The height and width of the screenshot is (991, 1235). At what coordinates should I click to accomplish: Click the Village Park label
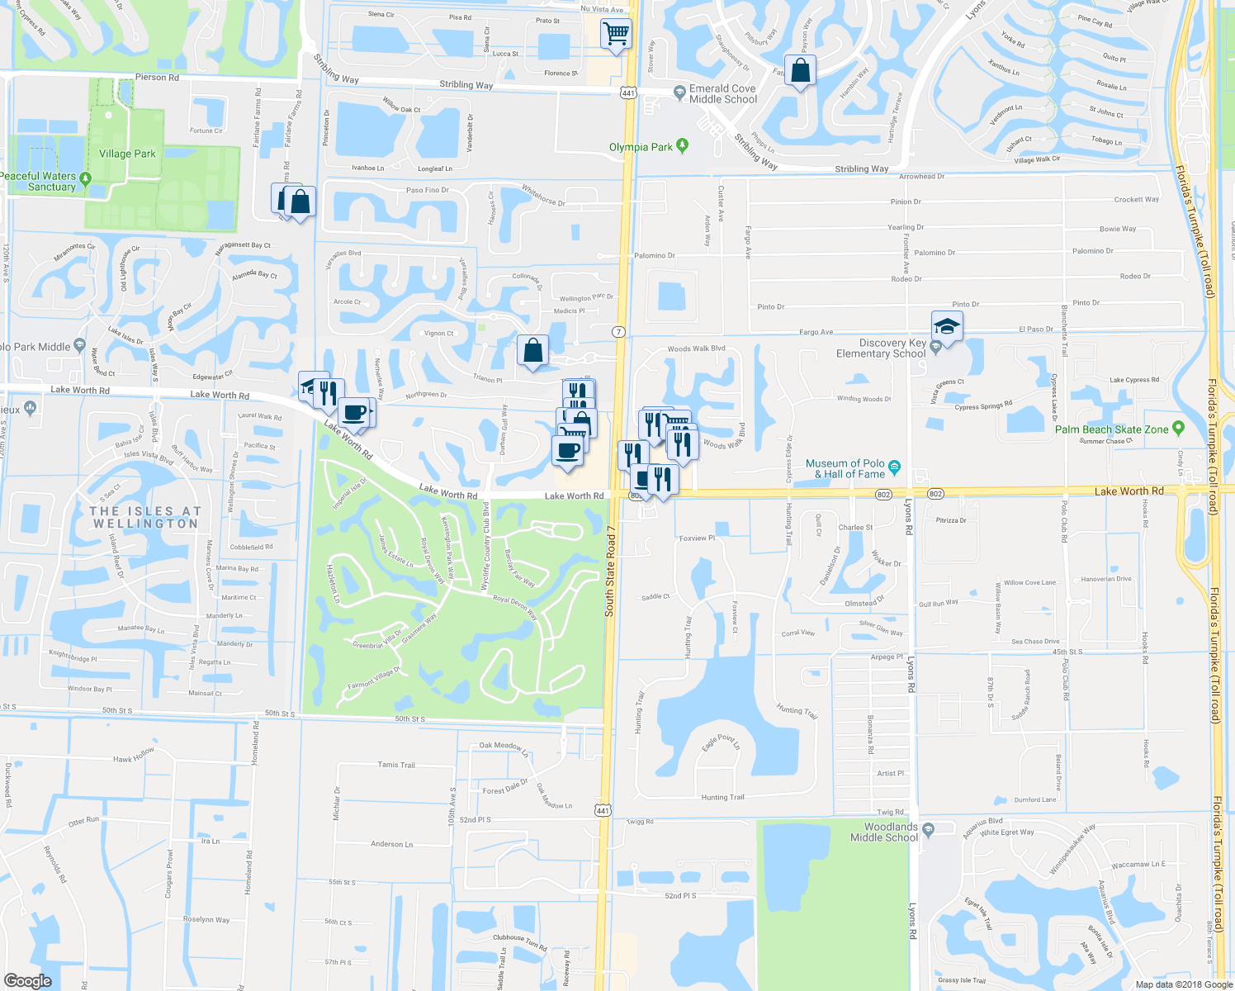pyautogui.click(x=127, y=154)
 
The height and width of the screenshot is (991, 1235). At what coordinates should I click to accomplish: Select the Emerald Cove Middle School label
pyautogui.click(x=723, y=94)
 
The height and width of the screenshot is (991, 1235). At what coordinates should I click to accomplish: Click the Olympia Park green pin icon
pyautogui.click(x=682, y=146)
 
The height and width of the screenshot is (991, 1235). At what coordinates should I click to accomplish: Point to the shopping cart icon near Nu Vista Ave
pyautogui.click(x=616, y=34)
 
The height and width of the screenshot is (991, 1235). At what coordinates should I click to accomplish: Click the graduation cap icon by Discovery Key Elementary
pyautogui.click(x=947, y=325)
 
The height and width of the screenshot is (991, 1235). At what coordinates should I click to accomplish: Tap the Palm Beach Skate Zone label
pyautogui.click(x=1111, y=429)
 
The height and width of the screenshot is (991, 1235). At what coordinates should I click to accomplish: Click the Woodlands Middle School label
pyautogui.click(x=885, y=832)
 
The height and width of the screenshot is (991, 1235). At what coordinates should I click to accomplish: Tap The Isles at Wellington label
pyautogui.click(x=145, y=517)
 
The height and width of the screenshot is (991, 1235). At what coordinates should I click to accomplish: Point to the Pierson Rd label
pyautogui.click(x=157, y=78)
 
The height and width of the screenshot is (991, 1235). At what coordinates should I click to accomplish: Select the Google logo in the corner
pyautogui.click(x=28, y=980)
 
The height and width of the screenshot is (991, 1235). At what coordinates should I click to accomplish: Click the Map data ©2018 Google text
pyautogui.click(x=1183, y=984)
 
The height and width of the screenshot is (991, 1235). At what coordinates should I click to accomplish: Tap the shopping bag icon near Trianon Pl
pyautogui.click(x=533, y=350)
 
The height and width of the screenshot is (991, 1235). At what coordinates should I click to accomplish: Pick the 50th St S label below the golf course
pyautogui.click(x=409, y=719)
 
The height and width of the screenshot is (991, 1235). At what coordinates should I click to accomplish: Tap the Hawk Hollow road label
pyautogui.click(x=134, y=756)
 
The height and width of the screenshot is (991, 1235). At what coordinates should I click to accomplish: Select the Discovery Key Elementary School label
pyautogui.click(x=881, y=349)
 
